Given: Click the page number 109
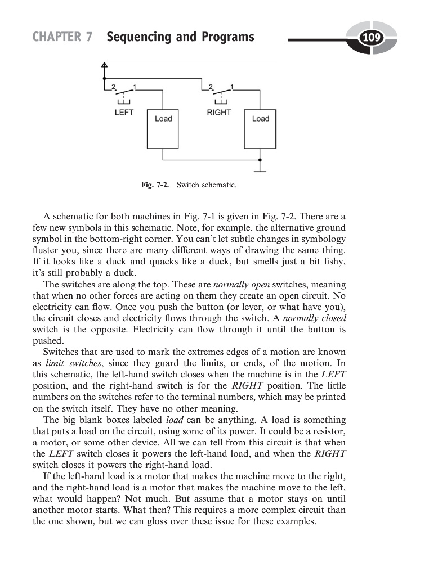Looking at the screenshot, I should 371,38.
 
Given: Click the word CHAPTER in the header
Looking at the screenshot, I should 56,38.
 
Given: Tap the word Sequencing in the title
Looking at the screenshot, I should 132,38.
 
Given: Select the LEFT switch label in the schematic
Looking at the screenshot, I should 124,112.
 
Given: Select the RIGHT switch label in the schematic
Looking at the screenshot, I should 218,112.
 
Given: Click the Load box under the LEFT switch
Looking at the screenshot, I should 163,128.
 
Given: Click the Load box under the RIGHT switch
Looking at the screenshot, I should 260,128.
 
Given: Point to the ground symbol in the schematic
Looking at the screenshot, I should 260,168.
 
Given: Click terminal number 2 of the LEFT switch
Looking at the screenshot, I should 113,86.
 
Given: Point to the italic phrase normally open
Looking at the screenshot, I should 236,285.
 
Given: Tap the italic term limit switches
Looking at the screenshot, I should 68,363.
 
